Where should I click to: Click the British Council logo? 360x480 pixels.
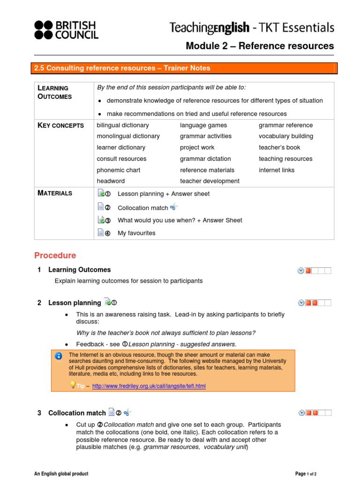click(x=66, y=30)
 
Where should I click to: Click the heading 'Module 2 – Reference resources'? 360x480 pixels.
click(x=260, y=46)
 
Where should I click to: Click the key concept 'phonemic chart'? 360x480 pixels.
click(x=119, y=170)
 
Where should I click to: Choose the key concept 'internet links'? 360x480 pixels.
click(x=277, y=170)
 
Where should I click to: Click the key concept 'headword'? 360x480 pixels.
click(x=111, y=181)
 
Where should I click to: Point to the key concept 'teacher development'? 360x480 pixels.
click(x=210, y=181)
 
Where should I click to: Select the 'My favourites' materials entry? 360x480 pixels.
click(x=136, y=233)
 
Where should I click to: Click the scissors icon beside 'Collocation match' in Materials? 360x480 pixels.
click(x=174, y=207)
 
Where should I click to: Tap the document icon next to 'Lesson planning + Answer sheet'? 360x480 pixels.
click(x=101, y=193)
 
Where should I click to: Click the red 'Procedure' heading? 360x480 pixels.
click(x=55, y=255)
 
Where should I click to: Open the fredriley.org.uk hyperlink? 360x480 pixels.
click(x=149, y=386)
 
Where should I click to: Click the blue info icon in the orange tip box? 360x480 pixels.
click(x=58, y=356)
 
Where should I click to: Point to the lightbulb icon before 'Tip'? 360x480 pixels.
click(x=73, y=385)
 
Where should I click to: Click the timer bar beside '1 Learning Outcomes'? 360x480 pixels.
click(x=315, y=270)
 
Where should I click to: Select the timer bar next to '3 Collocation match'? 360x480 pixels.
click(x=315, y=413)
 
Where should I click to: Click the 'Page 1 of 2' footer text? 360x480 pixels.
click(x=306, y=474)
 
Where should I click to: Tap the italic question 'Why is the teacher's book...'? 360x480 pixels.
click(x=166, y=333)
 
